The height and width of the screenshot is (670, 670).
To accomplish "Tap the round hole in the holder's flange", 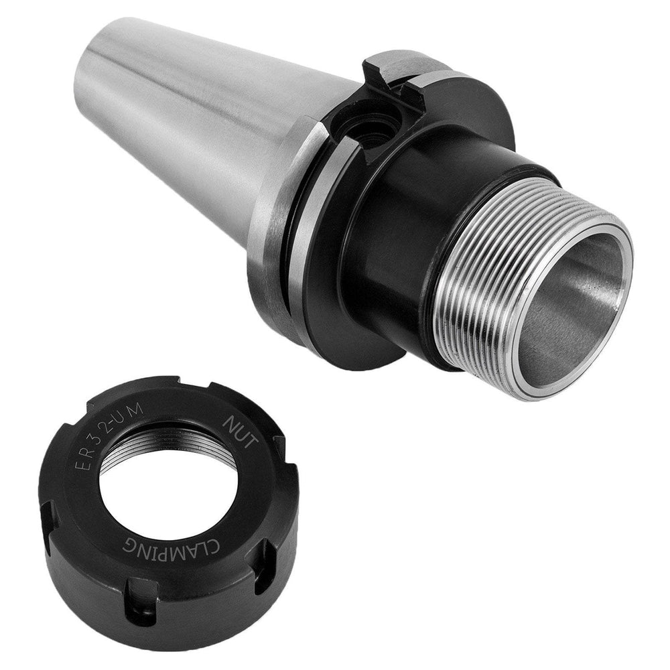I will pyautogui.click(x=365, y=127).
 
